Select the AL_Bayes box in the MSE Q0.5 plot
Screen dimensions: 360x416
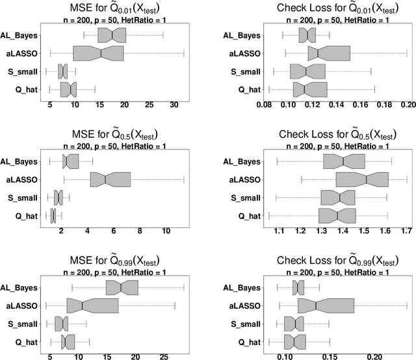coord(71,161)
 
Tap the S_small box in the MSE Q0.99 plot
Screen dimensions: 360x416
coord(62,324)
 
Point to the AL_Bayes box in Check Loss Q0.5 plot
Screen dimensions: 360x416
coord(344,161)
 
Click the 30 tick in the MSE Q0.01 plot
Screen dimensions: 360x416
coord(174,104)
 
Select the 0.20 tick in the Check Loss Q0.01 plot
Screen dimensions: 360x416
coord(408,104)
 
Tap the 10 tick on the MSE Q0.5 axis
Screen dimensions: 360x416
coord(166,231)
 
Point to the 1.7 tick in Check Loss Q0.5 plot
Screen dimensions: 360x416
coord(406,231)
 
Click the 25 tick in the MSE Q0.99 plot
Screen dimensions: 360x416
coord(164,357)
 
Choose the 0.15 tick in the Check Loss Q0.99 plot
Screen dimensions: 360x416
coord(330,357)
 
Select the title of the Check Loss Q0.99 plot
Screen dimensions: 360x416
coord(335,260)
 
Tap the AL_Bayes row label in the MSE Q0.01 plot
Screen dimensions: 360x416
coord(19,35)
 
